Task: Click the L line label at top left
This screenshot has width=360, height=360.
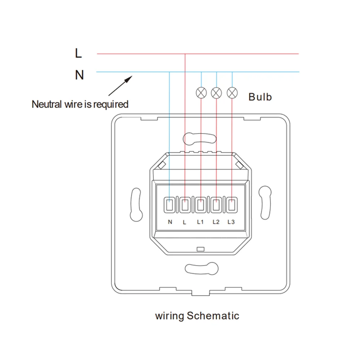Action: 78,54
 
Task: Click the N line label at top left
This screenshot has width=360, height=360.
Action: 79,75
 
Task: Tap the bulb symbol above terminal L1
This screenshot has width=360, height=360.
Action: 201,93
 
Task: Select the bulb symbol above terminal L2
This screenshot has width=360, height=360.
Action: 216,93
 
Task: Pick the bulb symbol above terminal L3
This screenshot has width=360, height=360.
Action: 232,93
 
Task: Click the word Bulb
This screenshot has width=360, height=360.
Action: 260,97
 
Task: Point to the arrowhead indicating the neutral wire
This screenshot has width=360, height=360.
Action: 129,77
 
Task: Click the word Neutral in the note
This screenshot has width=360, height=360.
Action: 45,104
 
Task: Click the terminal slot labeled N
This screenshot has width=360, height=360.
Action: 169,206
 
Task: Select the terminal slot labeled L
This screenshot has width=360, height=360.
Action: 185,206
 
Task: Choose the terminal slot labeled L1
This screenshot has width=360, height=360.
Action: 201,206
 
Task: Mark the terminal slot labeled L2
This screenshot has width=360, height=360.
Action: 216,206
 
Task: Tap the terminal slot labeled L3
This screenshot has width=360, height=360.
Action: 231,206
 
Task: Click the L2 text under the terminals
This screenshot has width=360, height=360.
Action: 216,222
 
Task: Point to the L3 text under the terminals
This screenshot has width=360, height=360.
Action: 231,222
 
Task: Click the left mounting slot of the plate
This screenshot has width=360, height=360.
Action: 136,204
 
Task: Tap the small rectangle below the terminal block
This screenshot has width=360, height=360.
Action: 201,249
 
